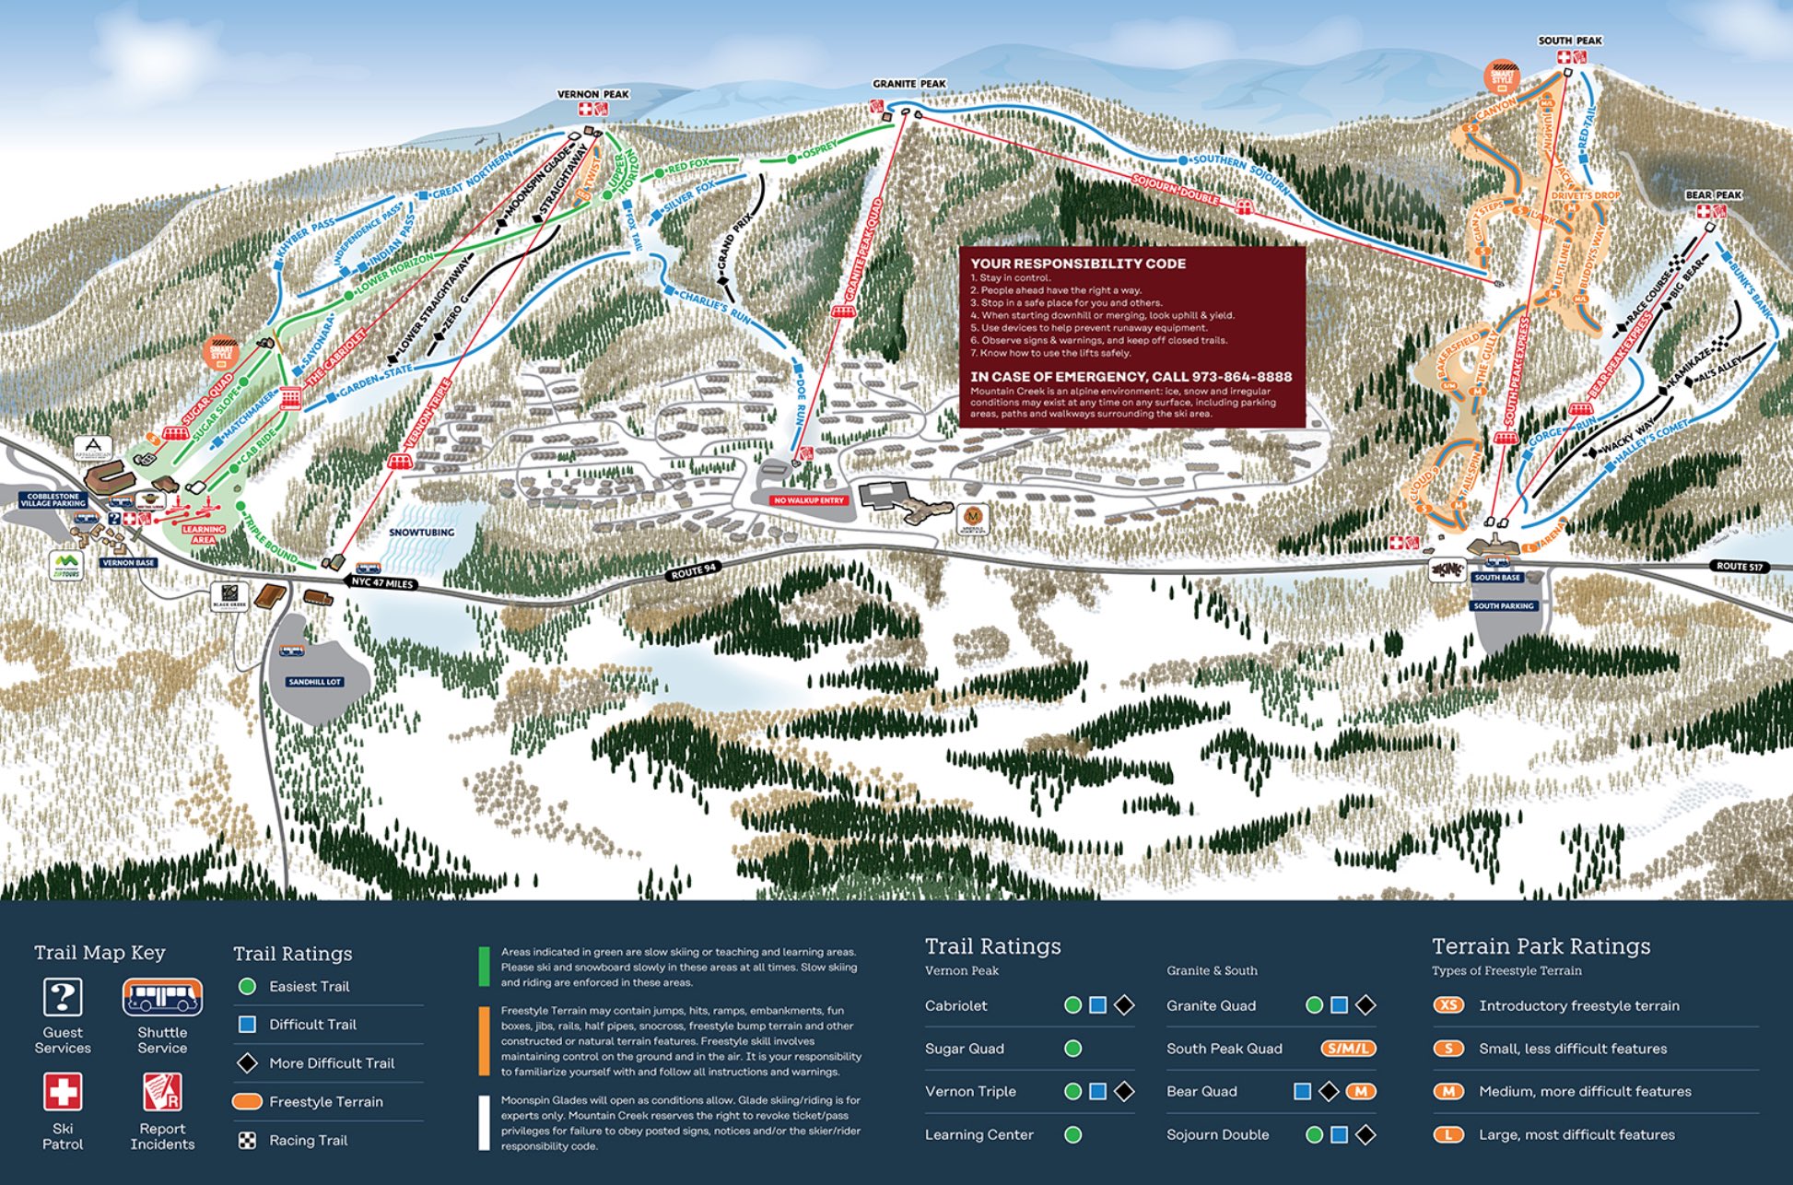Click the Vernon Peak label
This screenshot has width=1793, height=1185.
(592, 94)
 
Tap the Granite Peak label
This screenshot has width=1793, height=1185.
(908, 84)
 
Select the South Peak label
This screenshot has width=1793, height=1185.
(1569, 41)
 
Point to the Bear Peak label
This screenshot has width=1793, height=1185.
(1713, 195)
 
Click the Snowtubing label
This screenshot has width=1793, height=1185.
(421, 533)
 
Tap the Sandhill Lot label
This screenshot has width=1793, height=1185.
(314, 682)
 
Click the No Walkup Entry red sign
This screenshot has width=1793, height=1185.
(808, 500)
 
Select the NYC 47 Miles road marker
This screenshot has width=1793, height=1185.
(381, 583)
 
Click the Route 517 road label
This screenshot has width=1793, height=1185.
(1739, 566)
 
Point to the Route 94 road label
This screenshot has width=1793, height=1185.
(693, 571)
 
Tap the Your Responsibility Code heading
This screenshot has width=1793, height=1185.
(1078, 264)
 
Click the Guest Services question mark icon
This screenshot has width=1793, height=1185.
(63, 997)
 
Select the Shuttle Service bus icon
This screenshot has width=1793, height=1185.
(162, 997)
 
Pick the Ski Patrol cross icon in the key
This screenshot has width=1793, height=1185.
(63, 1092)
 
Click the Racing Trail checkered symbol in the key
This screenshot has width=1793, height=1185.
(247, 1141)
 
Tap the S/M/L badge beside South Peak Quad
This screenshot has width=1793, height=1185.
(1348, 1049)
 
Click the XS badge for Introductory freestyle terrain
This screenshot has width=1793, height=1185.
(1448, 1005)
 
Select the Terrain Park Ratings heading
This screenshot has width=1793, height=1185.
(1541, 946)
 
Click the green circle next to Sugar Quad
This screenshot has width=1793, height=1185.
(1072, 1049)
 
